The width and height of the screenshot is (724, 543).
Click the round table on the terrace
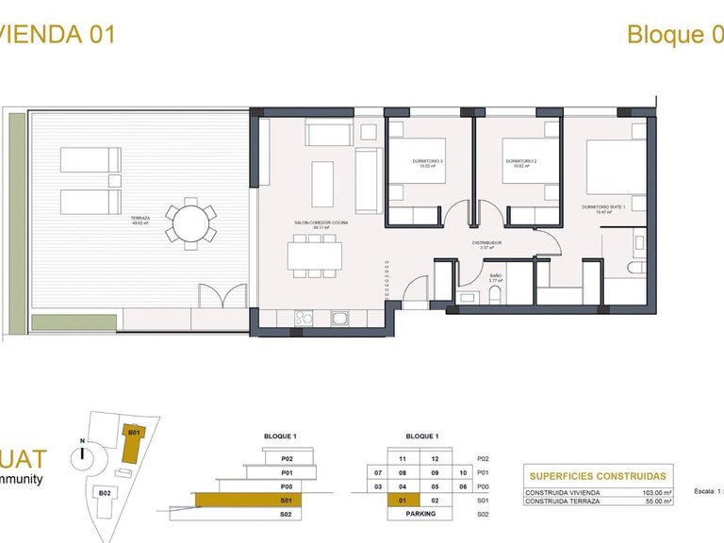pyautogui.click(x=190, y=224)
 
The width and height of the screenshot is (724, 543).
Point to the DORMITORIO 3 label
pyautogui.click(x=427, y=162)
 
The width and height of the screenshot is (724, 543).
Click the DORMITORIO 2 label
pyautogui.click(x=519, y=162)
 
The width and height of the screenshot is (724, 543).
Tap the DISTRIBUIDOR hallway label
pyautogui.click(x=486, y=243)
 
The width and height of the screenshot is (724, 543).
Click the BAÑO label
pyautogui.click(x=495, y=278)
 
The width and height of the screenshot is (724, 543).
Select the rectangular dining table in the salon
pyautogui.click(x=314, y=255)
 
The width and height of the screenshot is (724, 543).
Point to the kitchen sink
pyautogui.click(x=304, y=318)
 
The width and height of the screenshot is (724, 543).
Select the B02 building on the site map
pyautogui.click(x=107, y=492)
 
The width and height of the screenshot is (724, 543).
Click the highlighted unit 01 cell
pyautogui.click(x=403, y=500)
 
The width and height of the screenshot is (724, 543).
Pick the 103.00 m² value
pyautogui.click(x=655, y=492)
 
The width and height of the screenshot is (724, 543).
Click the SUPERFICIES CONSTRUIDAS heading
pyautogui.click(x=598, y=477)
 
